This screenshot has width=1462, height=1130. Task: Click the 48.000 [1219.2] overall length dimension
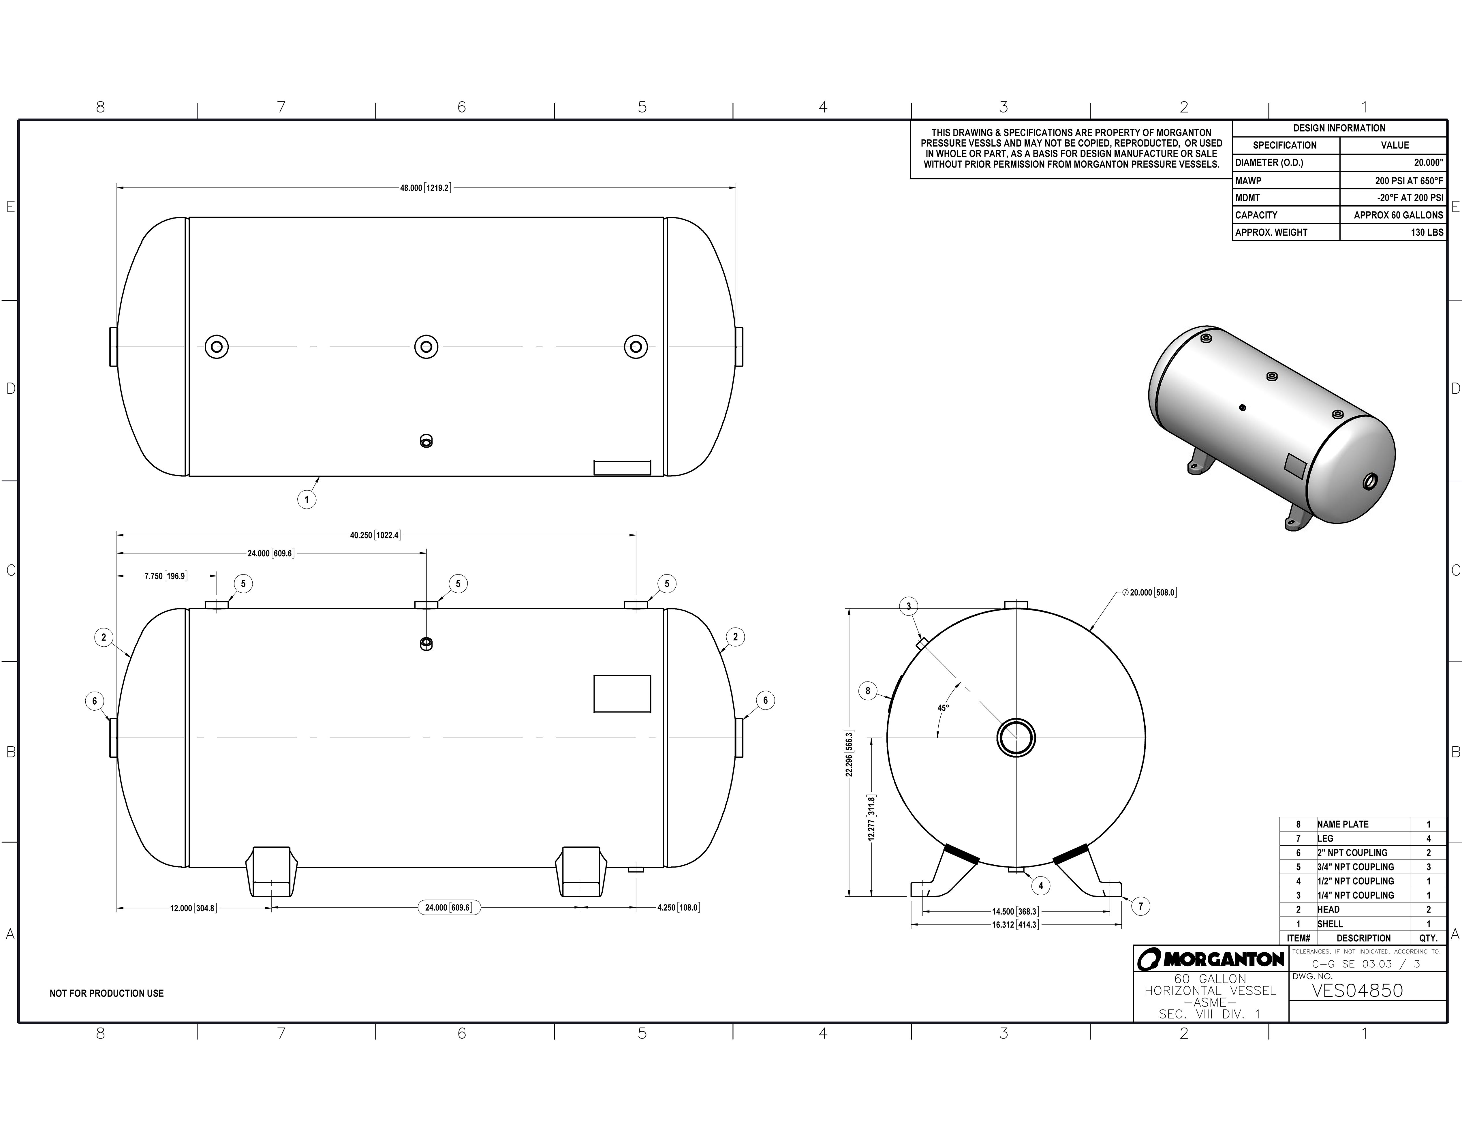[x=425, y=188]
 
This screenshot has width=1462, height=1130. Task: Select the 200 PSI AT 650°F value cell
[x=1408, y=181]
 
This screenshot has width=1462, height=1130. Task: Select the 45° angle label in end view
[x=943, y=707]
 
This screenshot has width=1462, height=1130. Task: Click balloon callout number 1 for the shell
[x=307, y=500]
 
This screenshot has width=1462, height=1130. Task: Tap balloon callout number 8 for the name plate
[x=868, y=691]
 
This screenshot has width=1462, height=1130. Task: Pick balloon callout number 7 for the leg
[x=1141, y=906]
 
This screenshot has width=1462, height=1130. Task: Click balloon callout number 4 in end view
[x=1040, y=886]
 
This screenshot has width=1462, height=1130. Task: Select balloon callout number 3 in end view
[x=908, y=607]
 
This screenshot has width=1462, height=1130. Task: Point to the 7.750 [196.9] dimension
[x=165, y=576]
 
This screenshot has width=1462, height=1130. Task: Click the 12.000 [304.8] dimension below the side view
[x=193, y=908]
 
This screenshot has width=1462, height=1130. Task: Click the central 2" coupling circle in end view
[x=1016, y=738]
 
